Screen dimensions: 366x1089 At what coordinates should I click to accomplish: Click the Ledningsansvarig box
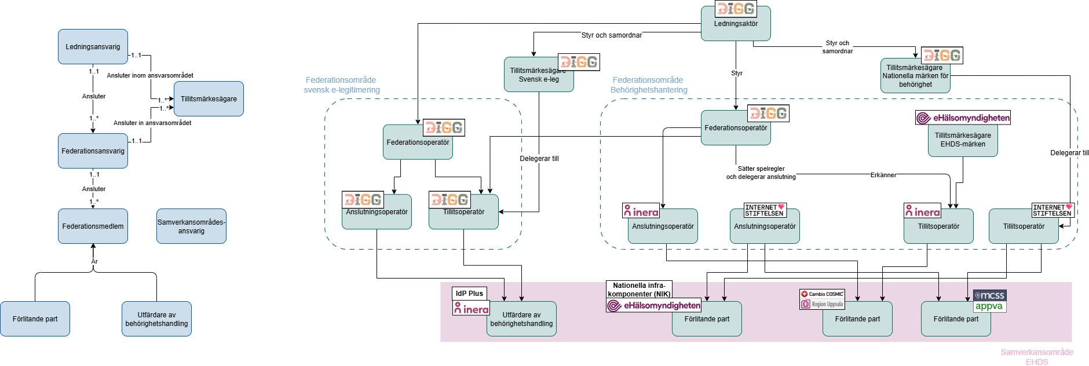pyautogui.click(x=93, y=46)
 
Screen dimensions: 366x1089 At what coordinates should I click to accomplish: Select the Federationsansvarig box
pyautogui.click(x=93, y=151)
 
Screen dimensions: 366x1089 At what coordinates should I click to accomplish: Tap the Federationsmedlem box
pyautogui.click(x=93, y=226)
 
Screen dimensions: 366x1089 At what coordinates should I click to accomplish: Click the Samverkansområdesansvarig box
pyautogui.click(x=191, y=226)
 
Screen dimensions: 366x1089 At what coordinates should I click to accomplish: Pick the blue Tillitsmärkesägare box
pyautogui.click(x=209, y=98)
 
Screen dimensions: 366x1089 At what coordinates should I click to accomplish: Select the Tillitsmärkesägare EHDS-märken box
pyautogui.click(x=963, y=141)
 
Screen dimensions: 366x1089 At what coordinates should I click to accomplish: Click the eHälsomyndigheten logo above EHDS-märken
pyautogui.click(x=963, y=118)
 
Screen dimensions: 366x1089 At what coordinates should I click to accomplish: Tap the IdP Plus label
pyautogui.click(x=469, y=293)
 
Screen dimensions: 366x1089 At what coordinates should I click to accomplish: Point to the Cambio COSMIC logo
pyautogui.click(x=823, y=294)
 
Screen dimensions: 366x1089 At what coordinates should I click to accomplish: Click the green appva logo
pyautogui.click(x=989, y=306)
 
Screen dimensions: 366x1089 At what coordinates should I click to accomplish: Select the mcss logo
pyautogui.click(x=990, y=295)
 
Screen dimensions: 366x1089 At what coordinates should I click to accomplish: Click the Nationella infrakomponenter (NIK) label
pyautogui.click(x=639, y=290)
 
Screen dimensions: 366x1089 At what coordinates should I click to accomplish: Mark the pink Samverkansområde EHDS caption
pyautogui.click(x=1037, y=357)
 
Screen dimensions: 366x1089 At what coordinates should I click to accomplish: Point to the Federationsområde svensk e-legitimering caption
pyautogui.click(x=342, y=85)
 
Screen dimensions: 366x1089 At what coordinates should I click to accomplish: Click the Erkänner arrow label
pyautogui.click(x=883, y=175)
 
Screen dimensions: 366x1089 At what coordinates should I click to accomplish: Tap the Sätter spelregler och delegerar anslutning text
pyautogui.click(x=761, y=173)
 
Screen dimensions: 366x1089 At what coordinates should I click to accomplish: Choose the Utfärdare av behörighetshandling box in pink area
pyautogui.click(x=521, y=320)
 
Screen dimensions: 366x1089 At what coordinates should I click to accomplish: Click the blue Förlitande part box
pyautogui.click(x=35, y=319)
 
